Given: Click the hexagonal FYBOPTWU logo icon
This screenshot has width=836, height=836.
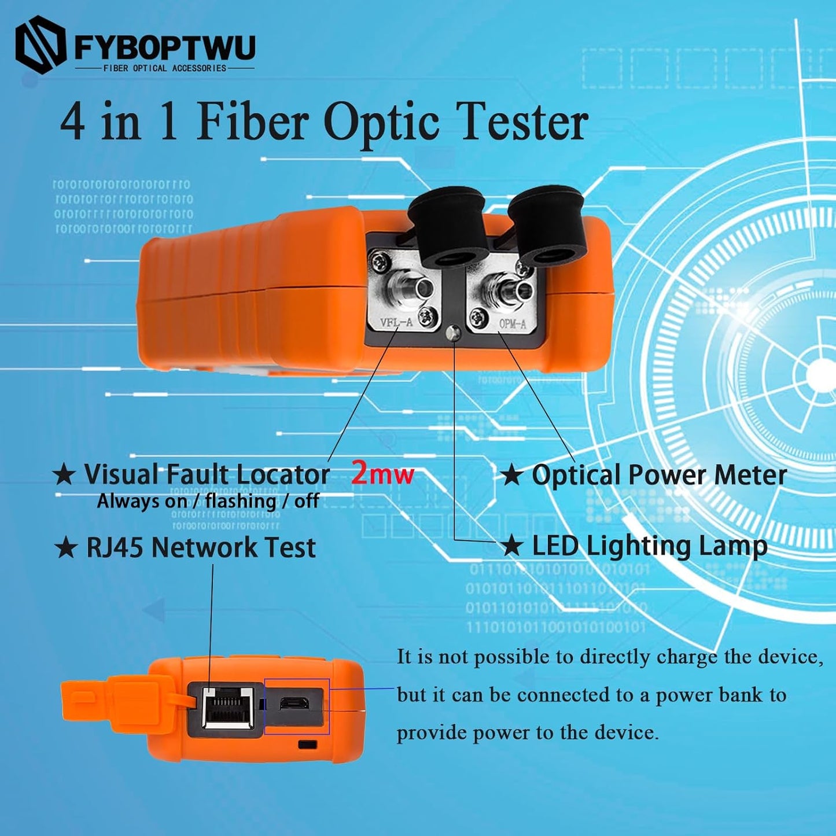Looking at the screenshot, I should [x=40, y=45].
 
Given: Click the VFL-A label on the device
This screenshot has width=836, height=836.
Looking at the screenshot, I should [x=396, y=323].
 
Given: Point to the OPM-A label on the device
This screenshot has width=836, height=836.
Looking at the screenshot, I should [x=513, y=324].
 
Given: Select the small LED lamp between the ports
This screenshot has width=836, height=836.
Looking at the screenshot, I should [x=455, y=332].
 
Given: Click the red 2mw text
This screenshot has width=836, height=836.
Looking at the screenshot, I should [x=382, y=474].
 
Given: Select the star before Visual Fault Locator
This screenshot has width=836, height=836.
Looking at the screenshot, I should [x=64, y=475].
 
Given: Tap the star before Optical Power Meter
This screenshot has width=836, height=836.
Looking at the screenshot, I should [x=511, y=476].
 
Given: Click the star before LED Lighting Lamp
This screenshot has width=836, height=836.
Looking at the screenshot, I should [x=511, y=546].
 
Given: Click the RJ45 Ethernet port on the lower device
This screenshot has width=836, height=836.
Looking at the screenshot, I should [x=229, y=707].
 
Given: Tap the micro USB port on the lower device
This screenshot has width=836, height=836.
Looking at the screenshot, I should [x=294, y=704].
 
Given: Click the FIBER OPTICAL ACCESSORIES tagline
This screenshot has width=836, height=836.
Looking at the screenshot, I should [x=165, y=68].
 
